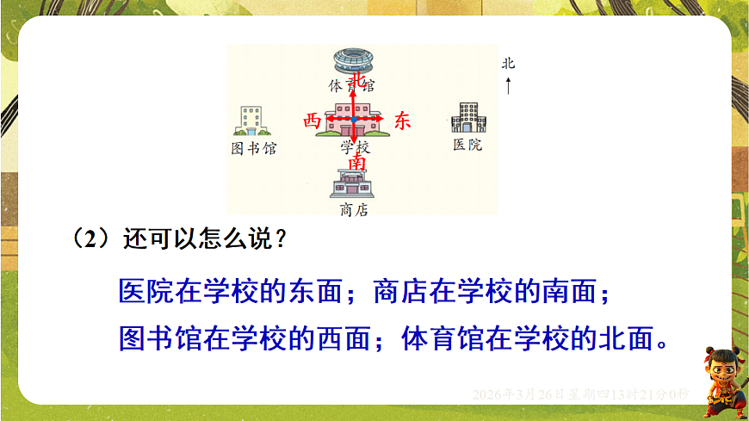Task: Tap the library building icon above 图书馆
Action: tap(253, 121)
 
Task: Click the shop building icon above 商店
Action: tap(353, 184)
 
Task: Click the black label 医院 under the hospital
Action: tap(467, 145)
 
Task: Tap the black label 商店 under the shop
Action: tap(354, 210)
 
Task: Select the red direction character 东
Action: tap(403, 121)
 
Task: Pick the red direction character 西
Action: tap(312, 121)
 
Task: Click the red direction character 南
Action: tap(355, 162)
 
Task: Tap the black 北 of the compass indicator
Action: tap(508, 64)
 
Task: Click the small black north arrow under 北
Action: tap(508, 85)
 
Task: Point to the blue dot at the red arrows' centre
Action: tap(354, 119)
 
